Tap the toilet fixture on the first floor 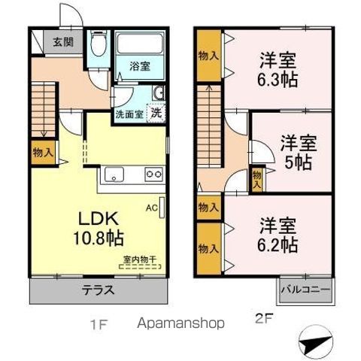[99, 44]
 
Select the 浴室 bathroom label [140, 66]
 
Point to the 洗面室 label [129, 114]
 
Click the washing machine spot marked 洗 [156, 113]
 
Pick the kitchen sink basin [114, 174]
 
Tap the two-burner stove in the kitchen [153, 174]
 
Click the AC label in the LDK [152, 208]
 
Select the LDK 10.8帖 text [99, 228]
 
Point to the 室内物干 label [140, 259]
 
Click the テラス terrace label [99, 290]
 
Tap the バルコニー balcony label [305, 290]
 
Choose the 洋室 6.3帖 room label [278, 69]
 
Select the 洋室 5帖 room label [299, 152]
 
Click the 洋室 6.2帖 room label [278, 235]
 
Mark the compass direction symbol [315, 342]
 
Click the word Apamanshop [180, 323]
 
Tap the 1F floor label [99, 325]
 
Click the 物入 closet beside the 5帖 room [257, 180]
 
